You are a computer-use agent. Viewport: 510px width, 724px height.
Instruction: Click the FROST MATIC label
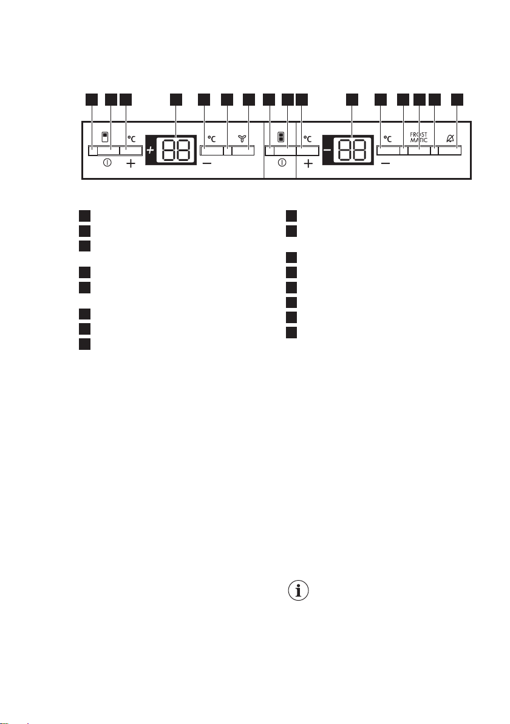pos(418,138)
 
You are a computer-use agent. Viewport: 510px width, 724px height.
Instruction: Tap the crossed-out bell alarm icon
pos(450,138)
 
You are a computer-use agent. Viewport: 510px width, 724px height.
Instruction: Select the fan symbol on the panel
pos(242,138)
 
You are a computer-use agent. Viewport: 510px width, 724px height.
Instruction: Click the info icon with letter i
pos(298,590)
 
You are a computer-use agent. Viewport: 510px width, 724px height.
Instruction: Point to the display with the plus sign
pos(171,150)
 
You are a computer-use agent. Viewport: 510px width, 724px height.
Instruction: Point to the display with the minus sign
pos(348,150)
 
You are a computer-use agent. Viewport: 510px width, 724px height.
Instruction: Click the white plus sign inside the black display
pos(151,150)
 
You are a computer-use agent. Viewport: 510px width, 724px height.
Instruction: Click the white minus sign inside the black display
pos(327,150)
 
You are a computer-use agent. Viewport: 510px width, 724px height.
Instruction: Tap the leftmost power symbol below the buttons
pos(107,163)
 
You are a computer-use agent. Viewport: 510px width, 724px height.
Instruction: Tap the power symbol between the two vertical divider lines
pos(282,163)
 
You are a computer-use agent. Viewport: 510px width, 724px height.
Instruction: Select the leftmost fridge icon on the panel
pos(105,137)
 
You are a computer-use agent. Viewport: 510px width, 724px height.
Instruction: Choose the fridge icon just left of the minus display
pos(280,137)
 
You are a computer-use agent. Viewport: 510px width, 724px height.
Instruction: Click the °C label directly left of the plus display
pos(132,138)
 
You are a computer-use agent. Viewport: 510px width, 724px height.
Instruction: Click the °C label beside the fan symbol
pos(211,138)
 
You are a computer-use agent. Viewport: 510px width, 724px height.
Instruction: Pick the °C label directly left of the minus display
pos(308,138)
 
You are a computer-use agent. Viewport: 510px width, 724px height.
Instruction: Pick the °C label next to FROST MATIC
pos(388,138)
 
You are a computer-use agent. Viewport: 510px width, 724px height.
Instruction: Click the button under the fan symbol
pos(243,151)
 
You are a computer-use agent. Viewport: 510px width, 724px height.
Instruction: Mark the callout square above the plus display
pos(176,99)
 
